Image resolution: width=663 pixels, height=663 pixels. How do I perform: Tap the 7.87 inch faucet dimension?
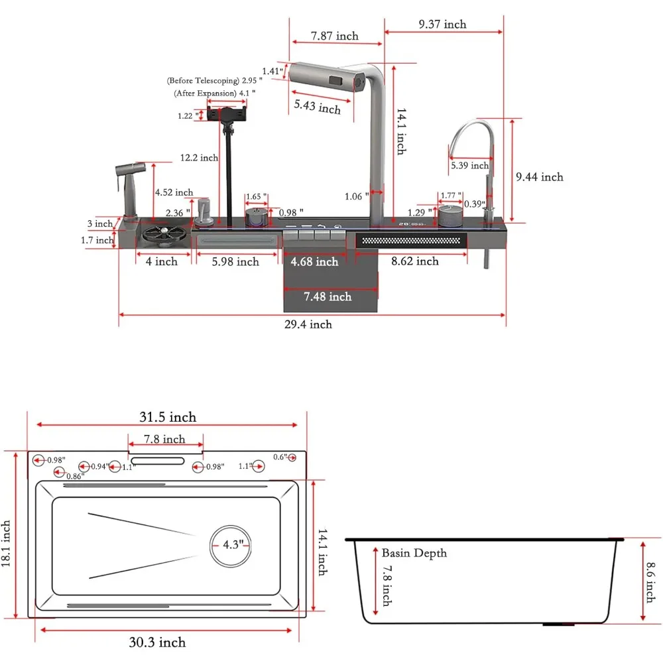point(335,36)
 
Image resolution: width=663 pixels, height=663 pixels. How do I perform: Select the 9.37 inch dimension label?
point(442,25)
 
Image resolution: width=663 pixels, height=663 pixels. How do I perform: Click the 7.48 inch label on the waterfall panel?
point(328,297)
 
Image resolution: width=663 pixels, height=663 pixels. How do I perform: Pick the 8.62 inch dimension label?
point(415,261)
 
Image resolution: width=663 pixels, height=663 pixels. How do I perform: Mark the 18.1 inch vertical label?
point(7,542)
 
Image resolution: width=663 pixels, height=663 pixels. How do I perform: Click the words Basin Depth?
point(414,553)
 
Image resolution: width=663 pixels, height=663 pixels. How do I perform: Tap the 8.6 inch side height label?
point(650,581)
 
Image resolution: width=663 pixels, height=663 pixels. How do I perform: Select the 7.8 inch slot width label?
point(165,439)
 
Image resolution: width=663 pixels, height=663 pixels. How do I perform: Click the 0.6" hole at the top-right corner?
point(292,457)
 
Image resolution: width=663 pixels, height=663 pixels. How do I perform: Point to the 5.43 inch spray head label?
point(318,106)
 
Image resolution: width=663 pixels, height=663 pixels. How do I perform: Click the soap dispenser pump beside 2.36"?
point(204,210)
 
